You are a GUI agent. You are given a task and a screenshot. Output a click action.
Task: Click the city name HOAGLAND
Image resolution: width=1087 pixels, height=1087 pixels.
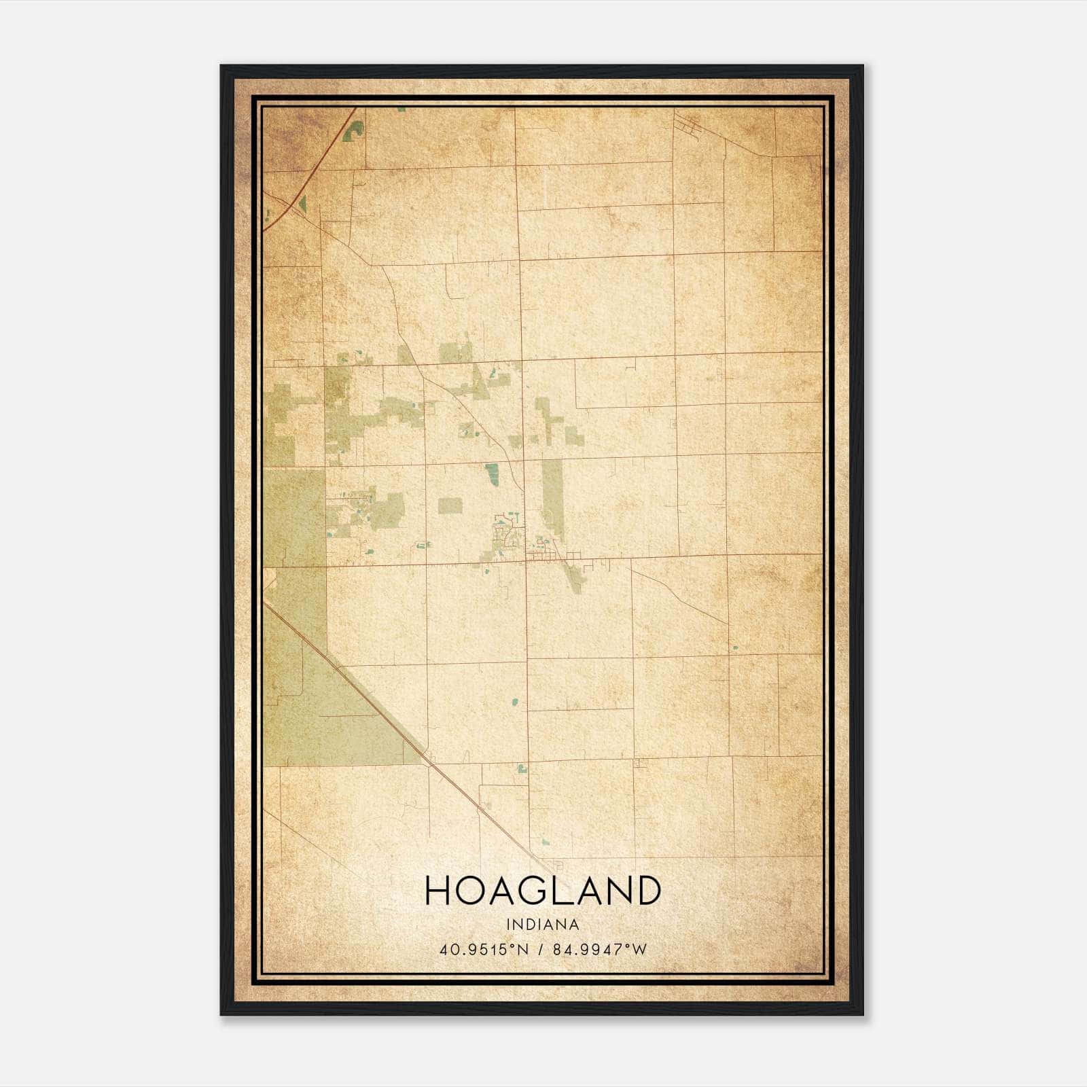(x=543, y=890)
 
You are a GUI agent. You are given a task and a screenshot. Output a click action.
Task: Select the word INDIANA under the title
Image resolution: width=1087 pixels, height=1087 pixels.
(x=543, y=925)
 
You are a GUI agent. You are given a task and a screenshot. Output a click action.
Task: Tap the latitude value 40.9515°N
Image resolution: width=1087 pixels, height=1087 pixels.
(x=483, y=950)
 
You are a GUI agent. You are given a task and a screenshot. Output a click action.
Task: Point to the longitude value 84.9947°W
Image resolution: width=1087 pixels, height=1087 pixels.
(x=600, y=950)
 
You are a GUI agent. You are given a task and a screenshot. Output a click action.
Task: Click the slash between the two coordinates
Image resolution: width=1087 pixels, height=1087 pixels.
(x=541, y=950)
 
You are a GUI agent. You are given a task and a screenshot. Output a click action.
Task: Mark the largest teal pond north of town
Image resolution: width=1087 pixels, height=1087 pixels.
(x=493, y=473)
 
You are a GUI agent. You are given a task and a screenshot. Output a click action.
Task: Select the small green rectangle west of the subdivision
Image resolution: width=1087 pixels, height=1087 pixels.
(x=450, y=505)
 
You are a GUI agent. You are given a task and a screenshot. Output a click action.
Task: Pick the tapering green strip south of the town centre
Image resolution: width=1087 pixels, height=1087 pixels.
(x=574, y=577)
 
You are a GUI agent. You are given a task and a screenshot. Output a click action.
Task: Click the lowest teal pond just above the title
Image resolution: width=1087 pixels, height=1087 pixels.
(x=545, y=842)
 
